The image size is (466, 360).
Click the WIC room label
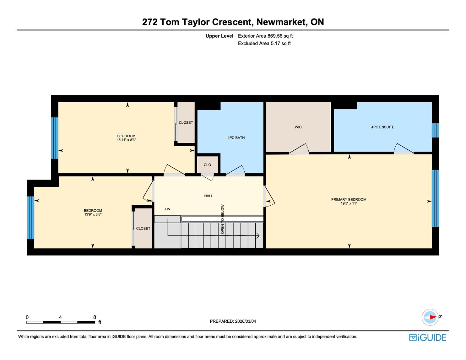pyautogui.click(x=298, y=127)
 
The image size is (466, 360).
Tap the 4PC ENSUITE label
pyautogui.click(x=383, y=127)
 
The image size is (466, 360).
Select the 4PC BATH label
pyautogui.click(x=236, y=138)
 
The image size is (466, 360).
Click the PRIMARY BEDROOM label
pyautogui.click(x=349, y=200)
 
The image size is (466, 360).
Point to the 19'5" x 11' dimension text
pyautogui.click(x=349, y=203)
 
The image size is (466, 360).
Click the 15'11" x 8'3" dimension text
pyautogui.click(x=126, y=140)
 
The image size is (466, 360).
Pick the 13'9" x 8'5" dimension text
pyautogui.click(x=93, y=214)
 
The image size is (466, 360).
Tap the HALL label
pyautogui.click(x=209, y=196)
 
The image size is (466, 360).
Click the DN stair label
pyautogui.click(x=168, y=209)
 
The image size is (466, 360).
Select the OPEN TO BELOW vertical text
pyautogui.click(x=222, y=219)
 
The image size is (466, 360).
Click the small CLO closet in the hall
pyautogui.click(x=207, y=165)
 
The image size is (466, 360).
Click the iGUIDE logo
pyautogui.click(x=428, y=337)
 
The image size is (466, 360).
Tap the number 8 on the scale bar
pyautogui.click(x=95, y=317)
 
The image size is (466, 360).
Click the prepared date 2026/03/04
pyautogui.click(x=246, y=321)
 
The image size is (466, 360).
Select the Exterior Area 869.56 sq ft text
pyautogui.click(x=265, y=36)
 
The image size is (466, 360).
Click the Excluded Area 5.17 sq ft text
pyautogui.click(x=264, y=44)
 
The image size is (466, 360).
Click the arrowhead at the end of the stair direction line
pyautogui.click(x=258, y=236)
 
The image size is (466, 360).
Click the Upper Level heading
pyautogui.click(x=219, y=36)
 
